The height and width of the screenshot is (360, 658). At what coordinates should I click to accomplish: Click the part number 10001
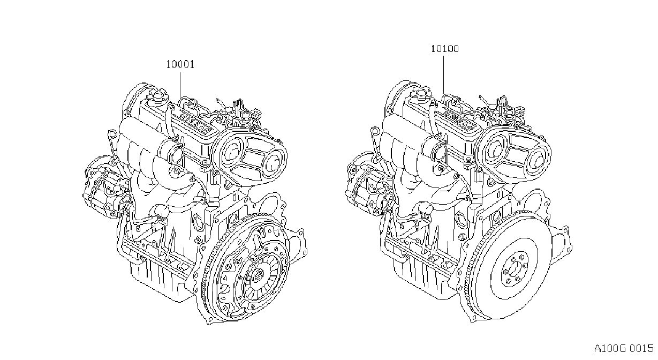180,64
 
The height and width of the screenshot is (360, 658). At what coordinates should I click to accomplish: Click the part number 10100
445,49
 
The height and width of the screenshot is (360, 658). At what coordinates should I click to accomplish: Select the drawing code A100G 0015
624,349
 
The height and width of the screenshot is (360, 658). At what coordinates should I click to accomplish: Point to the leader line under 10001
180,85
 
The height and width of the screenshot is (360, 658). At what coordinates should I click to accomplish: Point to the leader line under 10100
443,74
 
